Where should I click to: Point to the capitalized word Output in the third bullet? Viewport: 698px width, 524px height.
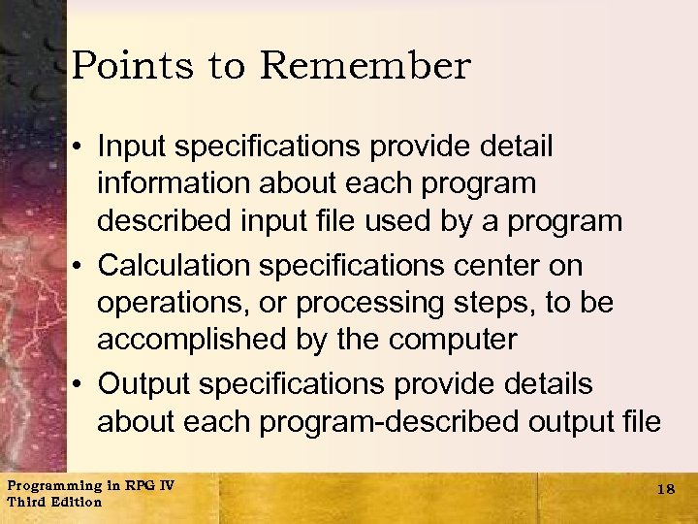143,383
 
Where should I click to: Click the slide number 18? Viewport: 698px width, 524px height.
665,490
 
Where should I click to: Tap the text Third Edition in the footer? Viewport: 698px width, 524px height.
54,503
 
